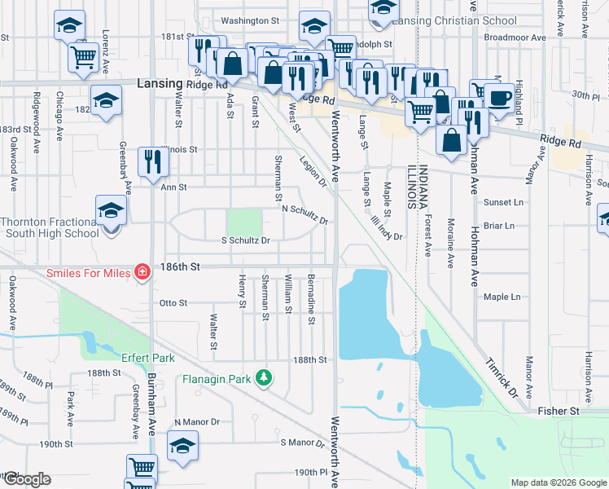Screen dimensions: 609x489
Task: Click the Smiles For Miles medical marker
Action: [142, 272]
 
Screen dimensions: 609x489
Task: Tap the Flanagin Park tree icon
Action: [263, 377]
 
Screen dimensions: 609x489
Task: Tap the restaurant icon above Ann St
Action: [152, 162]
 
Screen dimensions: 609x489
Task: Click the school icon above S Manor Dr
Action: [182, 446]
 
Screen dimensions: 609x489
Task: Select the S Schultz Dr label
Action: [245, 240]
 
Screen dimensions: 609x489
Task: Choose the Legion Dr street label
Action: [313, 172]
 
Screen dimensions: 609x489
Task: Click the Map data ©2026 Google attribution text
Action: [558, 482]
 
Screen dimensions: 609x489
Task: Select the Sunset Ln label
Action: [504, 202]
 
